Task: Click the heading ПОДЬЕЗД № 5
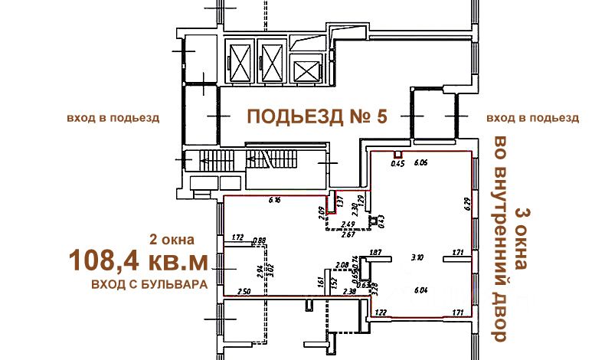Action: (x=317, y=117)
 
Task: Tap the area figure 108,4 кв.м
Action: (x=138, y=260)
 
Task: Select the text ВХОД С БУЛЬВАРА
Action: (x=149, y=284)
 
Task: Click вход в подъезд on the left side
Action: (x=113, y=118)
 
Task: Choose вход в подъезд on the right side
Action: (x=532, y=118)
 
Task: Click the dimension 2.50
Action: (x=244, y=291)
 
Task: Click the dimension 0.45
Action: (x=397, y=163)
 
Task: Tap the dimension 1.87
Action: (x=375, y=252)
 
